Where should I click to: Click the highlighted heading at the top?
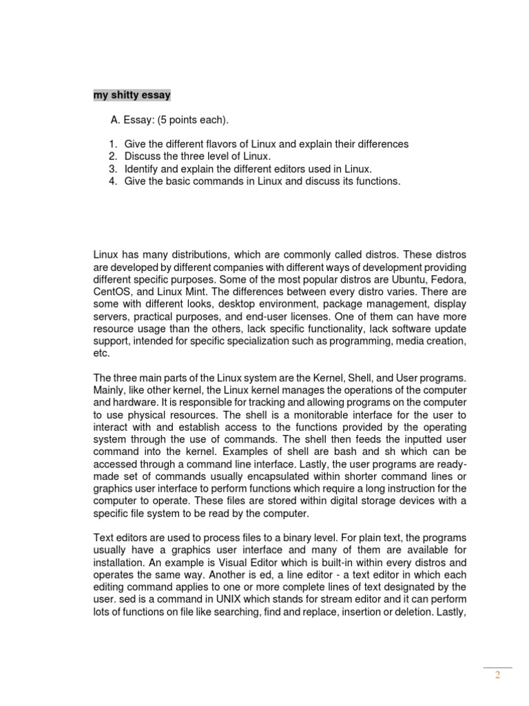coord(132,95)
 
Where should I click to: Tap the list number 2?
coord(112,157)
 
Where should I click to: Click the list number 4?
coord(112,181)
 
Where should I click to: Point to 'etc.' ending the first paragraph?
coord(101,354)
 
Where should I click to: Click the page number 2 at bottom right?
coord(497,675)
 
